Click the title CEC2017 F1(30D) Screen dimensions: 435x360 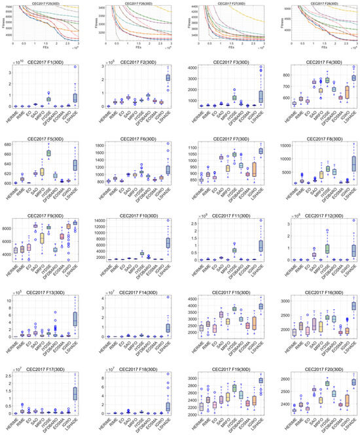48,63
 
